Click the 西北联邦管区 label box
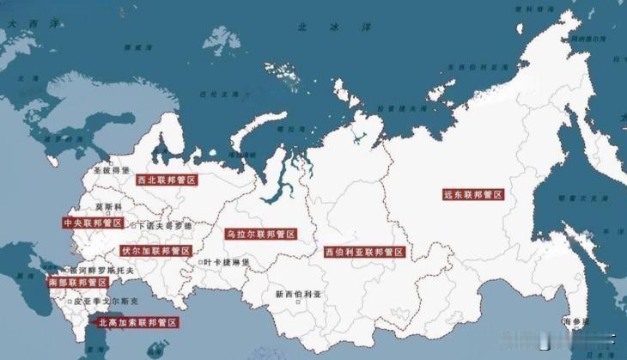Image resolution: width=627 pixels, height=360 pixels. click(167, 180)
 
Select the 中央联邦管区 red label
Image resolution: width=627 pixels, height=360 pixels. click(94, 223)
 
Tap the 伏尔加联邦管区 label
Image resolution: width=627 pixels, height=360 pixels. click(155, 251)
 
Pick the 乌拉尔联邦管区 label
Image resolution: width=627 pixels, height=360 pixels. click(261, 234)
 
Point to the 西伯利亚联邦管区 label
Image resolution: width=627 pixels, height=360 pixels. click(364, 253)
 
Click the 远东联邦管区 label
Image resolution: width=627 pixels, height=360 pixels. click(473, 195)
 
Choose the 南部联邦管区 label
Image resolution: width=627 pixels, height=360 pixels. click(78, 282)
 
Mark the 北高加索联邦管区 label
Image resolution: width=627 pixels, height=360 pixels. click(137, 323)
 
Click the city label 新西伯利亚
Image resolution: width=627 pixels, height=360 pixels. click(297, 294)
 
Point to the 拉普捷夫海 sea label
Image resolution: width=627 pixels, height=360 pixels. click(402, 109)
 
